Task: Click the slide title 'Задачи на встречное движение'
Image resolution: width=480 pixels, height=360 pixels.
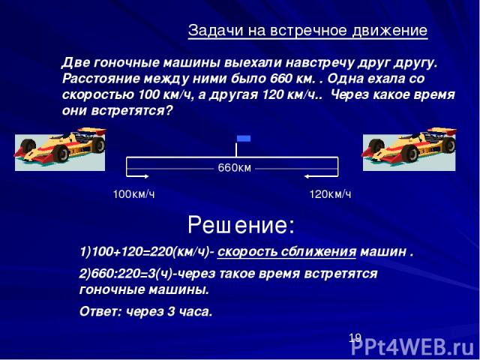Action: coord(307,30)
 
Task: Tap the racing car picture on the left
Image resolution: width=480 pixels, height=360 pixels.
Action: coord(60,149)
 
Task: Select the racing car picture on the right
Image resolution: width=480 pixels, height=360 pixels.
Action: coord(409,149)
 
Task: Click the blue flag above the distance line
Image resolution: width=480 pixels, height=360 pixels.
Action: coord(244,138)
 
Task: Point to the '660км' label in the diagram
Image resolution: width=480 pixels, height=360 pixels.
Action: coord(235,168)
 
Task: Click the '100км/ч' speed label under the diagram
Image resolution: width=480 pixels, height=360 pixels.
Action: coord(133,194)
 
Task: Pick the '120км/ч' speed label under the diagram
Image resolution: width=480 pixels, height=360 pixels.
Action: coord(330,194)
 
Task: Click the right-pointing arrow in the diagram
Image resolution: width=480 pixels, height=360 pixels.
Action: coord(138,176)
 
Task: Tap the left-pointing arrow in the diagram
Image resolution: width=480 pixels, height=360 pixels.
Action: coord(321,176)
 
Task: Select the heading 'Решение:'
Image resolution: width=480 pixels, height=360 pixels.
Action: coord(241,225)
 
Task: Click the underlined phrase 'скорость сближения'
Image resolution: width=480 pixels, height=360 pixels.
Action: coord(286,252)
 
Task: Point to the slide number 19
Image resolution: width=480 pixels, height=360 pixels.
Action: coord(355,338)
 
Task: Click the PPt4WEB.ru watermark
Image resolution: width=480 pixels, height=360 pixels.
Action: coord(413,347)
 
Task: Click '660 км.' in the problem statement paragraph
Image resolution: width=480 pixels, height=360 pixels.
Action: coord(292,79)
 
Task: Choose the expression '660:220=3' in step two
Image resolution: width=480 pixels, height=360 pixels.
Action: coord(123,274)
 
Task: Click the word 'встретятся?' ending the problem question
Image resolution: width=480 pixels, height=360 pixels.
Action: coord(132,110)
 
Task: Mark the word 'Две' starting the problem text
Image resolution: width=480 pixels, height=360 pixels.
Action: coord(75,63)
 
